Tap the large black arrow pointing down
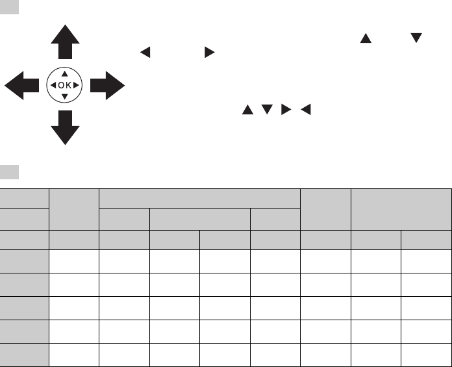(65, 127)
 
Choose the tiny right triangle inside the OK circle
(77, 85)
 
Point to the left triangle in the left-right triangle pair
(145, 53)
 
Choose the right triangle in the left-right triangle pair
(208, 53)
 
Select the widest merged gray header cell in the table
(199, 198)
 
